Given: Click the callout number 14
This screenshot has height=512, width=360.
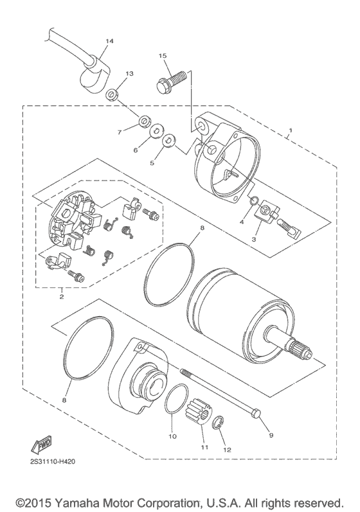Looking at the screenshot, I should click(x=109, y=41).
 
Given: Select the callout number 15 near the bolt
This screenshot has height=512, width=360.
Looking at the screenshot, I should click(x=163, y=57).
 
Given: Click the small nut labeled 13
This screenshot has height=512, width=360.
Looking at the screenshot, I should click(x=112, y=96).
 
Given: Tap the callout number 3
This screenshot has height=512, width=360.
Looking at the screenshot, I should click(x=254, y=238).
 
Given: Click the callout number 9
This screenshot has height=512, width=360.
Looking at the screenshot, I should click(x=271, y=435).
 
